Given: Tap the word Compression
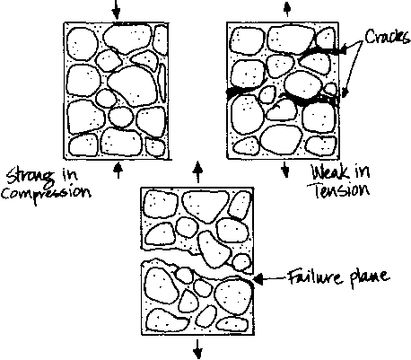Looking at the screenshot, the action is pyautogui.click(x=46, y=192).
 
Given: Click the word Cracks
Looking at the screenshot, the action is pyautogui.click(x=388, y=36).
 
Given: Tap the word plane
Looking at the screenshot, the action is pyautogui.click(x=370, y=278).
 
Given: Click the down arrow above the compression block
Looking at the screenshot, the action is pyautogui.click(x=117, y=10).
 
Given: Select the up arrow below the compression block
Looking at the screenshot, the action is pyautogui.click(x=118, y=170).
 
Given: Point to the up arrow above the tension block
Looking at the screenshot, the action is pyautogui.click(x=287, y=9).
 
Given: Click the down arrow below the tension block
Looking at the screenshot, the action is pyautogui.click(x=285, y=170).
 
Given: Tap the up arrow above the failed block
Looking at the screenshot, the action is pyautogui.click(x=197, y=172).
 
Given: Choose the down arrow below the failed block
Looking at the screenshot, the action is pyautogui.click(x=197, y=347).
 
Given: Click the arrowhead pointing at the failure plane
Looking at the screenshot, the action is pyautogui.click(x=258, y=279).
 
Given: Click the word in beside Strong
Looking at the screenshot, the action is pyautogui.click(x=69, y=174).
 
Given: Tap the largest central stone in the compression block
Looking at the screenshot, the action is pyautogui.click(x=133, y=86).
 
